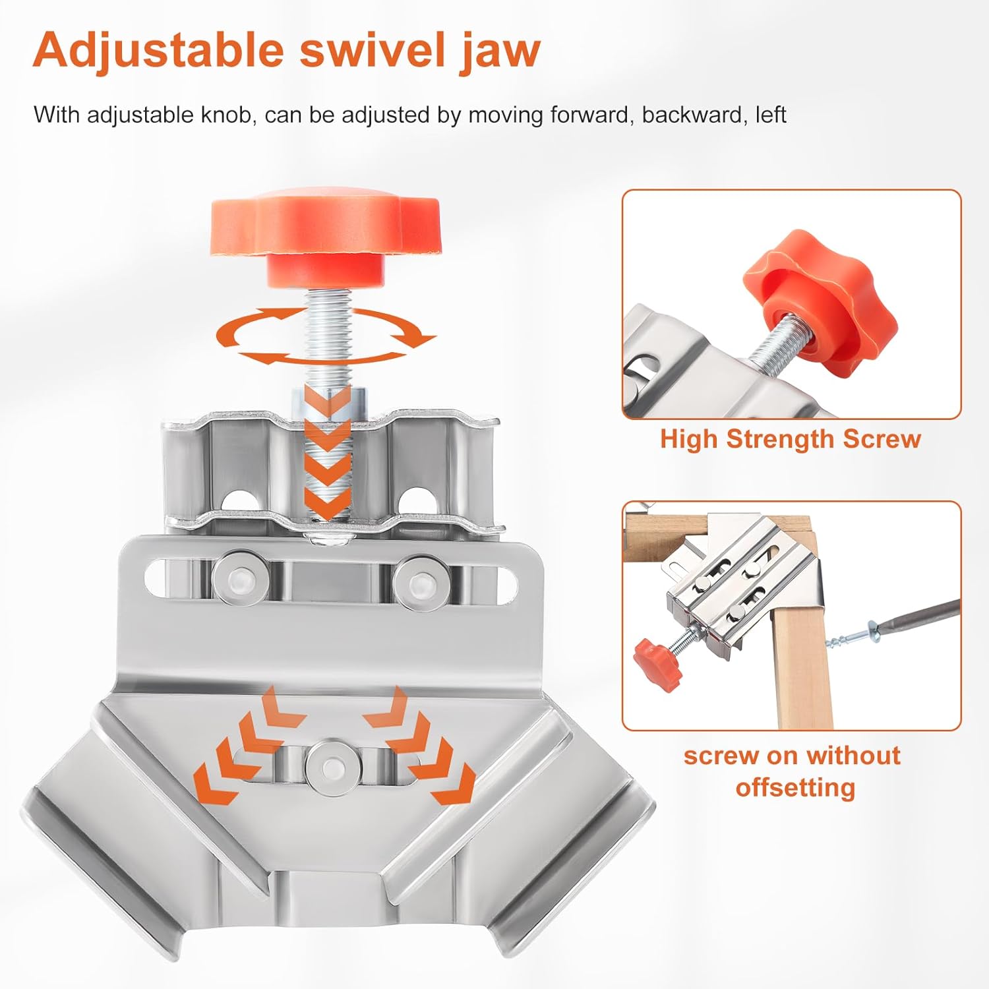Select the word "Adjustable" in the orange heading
click(158, 50)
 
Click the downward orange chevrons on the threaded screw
click(328, 455)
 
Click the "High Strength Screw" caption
click(791, 439)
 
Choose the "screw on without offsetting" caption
click(792, 771)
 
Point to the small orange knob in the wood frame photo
click(657, 666)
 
